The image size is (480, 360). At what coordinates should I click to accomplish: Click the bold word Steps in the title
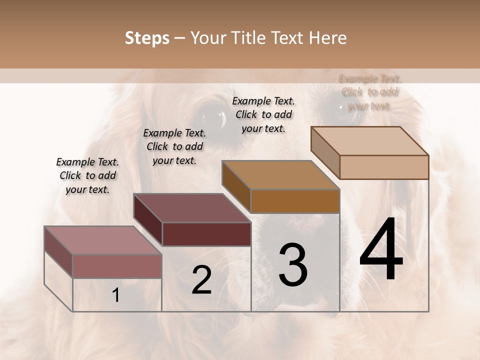(147, 38)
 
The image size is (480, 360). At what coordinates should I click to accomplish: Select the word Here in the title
(328, 38)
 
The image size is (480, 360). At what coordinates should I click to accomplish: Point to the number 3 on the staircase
(293, 265)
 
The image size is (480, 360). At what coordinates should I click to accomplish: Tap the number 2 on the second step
(201, 280)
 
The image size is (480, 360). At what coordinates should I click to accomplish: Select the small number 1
(116, 295)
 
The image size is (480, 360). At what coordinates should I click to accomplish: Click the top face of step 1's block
(103, 240)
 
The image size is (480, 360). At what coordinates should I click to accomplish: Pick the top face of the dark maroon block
(192, 207)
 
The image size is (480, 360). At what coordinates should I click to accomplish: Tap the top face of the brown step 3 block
(281, 175)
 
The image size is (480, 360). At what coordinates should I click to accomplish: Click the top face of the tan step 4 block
(370, 140)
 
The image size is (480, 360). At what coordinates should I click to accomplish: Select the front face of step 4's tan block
(384, 167)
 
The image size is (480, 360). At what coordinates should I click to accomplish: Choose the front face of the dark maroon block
(206, 234)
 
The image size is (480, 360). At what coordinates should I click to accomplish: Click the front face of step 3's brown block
(295, 201)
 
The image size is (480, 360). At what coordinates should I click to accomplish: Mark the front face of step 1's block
(117, 266)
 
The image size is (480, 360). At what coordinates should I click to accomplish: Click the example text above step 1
(87, 175)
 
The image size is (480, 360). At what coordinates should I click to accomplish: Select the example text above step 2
(174, 146)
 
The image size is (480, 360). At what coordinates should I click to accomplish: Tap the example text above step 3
(263, 114)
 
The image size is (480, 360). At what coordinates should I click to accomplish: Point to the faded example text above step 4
(369, 92)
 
